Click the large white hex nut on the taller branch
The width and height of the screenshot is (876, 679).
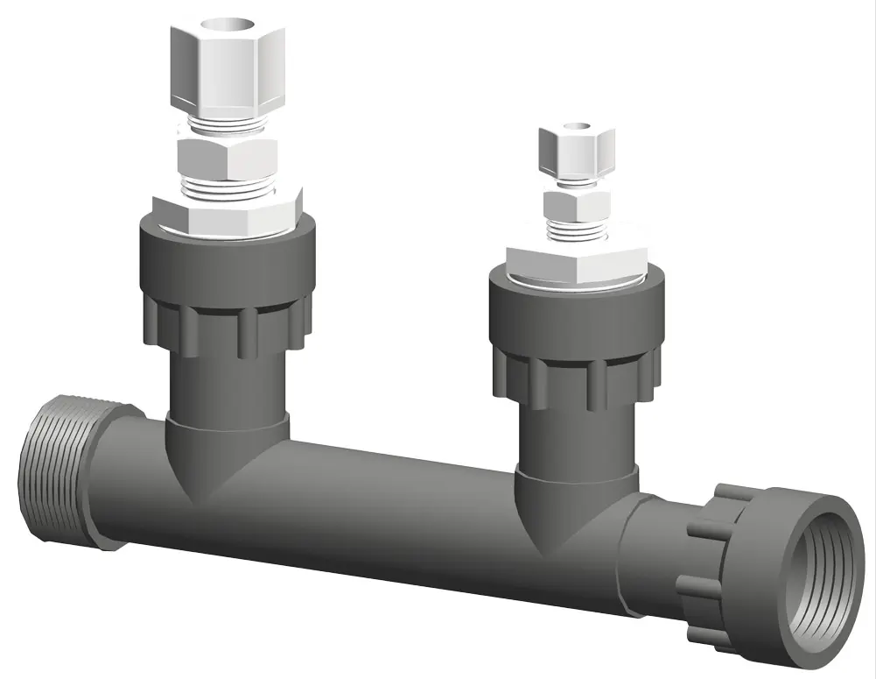tap(228, 216)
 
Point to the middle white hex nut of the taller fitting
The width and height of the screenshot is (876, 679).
tap(227, 159)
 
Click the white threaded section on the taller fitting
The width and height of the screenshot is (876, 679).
tap(226, 187)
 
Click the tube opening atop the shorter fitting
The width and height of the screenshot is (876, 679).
tap(575, 125)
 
